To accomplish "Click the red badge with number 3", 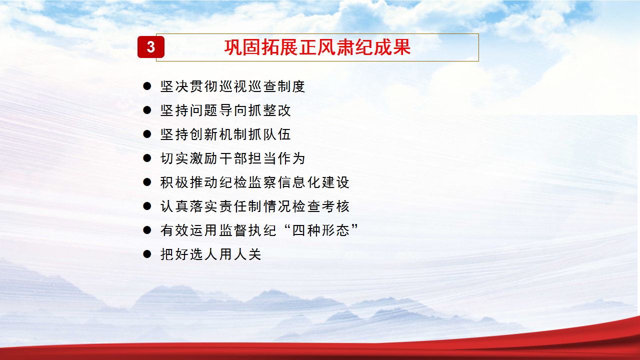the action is pyautogui.click(x=151, y=47).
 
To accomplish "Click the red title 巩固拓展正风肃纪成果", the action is pyautogui.click(x=317, y=47).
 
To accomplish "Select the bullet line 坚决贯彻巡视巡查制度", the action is pyautogui.click(x=233, y=86).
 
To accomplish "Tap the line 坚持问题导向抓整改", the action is pyautogui.click(x=225, y=110).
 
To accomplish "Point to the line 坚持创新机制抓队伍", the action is pyautogui.click(x=225, y=134).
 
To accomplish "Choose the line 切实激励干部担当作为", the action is pyautogui.click(x=233, y=158).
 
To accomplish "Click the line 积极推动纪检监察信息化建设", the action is pyautogui.click(x=255, y=182).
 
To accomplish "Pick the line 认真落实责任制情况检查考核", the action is pyautogui.click(x=255, y=206).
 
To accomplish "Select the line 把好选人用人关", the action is pyautogui.click(x=211, y=254).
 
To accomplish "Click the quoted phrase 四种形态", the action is pyautogui.click(x=321, y=230).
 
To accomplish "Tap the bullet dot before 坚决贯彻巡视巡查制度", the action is pyautogui.click(x=147, y=86).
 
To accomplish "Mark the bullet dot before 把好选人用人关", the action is pyautogui.click(x=147, y=254).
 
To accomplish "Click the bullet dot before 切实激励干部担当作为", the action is pyautogui.click(x=147, y=158).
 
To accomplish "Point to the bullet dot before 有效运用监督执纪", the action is pyautogui.click(x=147, y=230).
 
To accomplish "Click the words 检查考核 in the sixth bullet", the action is pyautogui.click(x=321, y=206).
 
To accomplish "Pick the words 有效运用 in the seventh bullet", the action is pyautogui.click(x=188, y=230).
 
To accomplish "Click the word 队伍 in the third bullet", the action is pyautogui.click(x=277, y=134).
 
